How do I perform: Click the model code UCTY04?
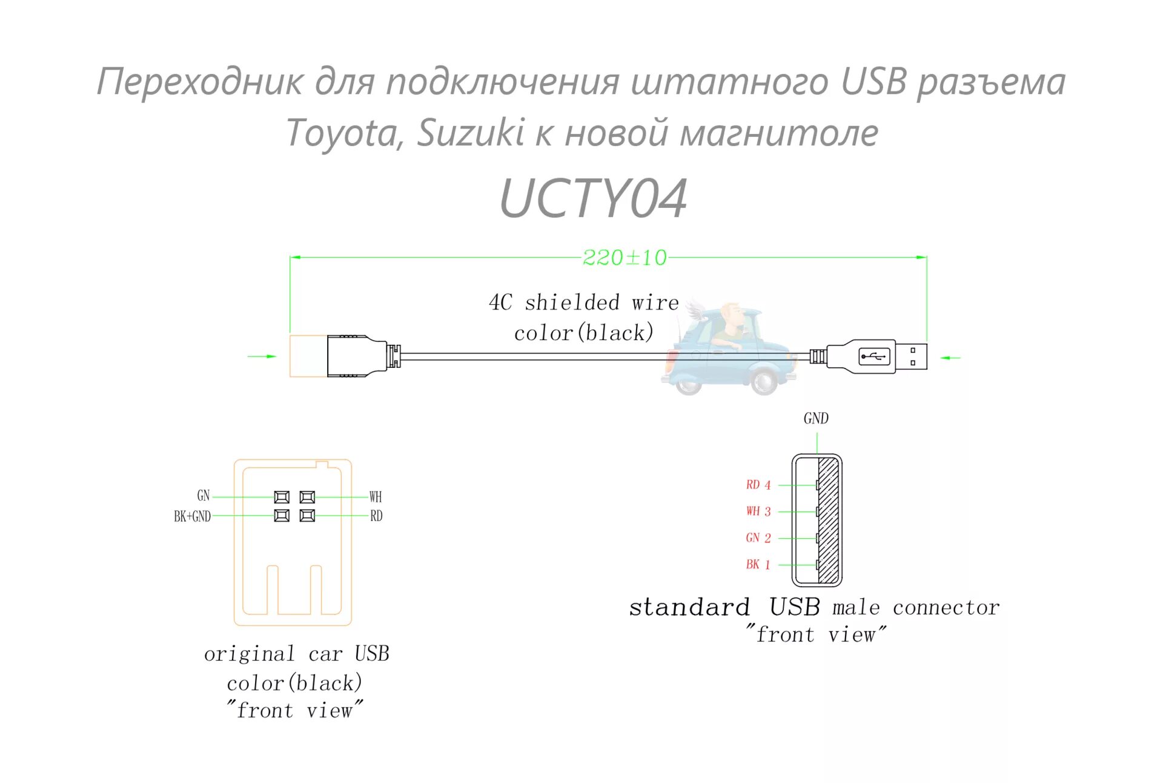(593, 198)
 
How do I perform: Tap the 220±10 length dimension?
(625, 258)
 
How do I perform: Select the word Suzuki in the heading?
(471, 133)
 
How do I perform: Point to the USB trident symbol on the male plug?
(874, 356)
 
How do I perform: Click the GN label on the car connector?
(204, 496)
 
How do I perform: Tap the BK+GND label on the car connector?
(192, 516)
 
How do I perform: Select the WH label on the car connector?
(376, 497)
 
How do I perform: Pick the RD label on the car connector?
(376, 516)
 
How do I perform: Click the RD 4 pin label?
(758, 485)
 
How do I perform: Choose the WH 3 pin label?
(758, 511)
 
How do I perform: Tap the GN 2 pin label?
(758, 538)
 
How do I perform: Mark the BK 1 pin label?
(758, 565)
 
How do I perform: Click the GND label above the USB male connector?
(816, 419)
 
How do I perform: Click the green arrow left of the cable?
(262, 356)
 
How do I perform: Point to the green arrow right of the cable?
(950, 358)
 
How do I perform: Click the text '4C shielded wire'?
(583, 302)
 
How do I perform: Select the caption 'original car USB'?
(296, 654)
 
